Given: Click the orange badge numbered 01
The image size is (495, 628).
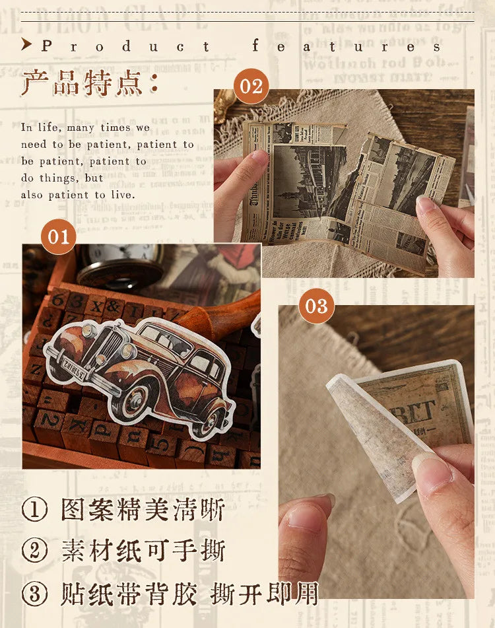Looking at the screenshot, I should pyautogui.click(x=58, y=236).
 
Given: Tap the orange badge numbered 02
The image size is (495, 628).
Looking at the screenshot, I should pyautogui.click(x=251, y=87).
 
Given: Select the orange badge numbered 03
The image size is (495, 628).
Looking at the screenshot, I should pyautogui.click(x=316, y=306).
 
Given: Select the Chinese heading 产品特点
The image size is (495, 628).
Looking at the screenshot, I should pyautogui.click(x=89, y=85).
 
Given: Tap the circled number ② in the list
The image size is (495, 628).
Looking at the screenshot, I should pyautogui.click(x=34, y=551).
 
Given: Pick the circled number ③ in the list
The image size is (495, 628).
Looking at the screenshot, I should pyautogui.click(x=34, y=593).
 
